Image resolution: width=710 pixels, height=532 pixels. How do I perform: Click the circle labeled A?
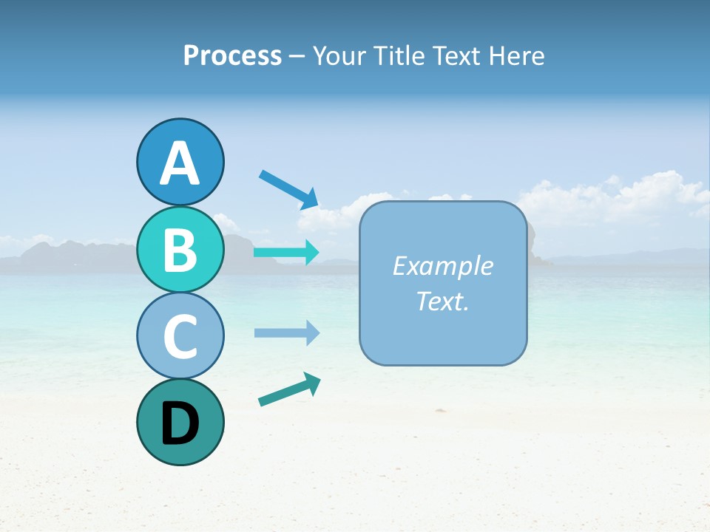[180, 162]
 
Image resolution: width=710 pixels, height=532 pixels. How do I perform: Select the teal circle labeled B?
[180, 249]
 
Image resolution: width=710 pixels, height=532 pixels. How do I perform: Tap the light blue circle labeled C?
[180, 335]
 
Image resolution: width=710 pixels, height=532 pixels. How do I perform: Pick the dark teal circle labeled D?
[180, 422]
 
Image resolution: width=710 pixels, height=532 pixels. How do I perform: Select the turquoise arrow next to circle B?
[285, 253]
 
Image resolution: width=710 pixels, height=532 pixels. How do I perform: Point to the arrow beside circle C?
[285, 332]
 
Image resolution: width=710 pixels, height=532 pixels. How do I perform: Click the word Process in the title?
[232, 55]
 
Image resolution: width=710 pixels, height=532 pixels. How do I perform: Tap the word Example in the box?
[442, 266]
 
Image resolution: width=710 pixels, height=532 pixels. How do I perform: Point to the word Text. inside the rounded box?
[442, 301]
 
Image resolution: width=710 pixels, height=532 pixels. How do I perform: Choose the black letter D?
[180, 423]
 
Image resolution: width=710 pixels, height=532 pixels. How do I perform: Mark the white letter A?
[180, 163]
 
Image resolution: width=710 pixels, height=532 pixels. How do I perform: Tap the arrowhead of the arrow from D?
[312, 382]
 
